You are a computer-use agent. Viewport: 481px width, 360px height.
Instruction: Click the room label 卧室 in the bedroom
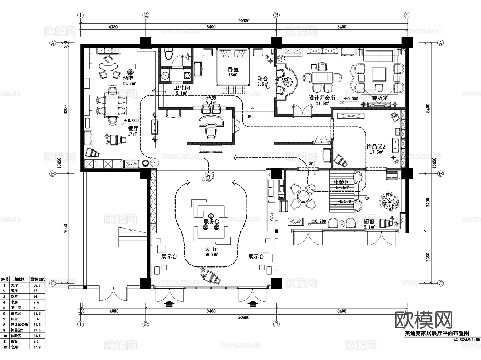coord(233,69)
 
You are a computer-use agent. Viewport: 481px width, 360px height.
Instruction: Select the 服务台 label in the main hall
coord(211,222)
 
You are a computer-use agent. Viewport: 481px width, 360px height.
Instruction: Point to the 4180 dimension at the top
coord(113,27)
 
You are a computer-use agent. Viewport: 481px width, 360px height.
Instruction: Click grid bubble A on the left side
coord(53,43)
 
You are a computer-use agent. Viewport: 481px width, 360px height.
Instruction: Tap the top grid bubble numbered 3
coord(276,15)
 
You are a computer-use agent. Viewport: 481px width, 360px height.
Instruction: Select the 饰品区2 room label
coord(376,147)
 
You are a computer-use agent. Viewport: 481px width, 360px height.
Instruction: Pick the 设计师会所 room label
coord(322,98)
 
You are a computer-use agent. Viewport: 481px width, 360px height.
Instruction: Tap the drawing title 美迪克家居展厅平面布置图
coord(437,333)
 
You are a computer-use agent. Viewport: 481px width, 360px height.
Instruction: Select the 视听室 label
coord(380,98)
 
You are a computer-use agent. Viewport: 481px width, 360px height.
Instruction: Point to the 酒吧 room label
coord(128,78)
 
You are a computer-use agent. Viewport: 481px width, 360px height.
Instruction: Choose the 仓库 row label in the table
coord(14,347)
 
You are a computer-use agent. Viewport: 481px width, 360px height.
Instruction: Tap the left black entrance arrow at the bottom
coord(169,304)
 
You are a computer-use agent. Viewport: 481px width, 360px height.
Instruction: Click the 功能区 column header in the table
coord(19,279)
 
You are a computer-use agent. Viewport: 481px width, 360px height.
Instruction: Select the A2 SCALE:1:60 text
coord(467,340)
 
